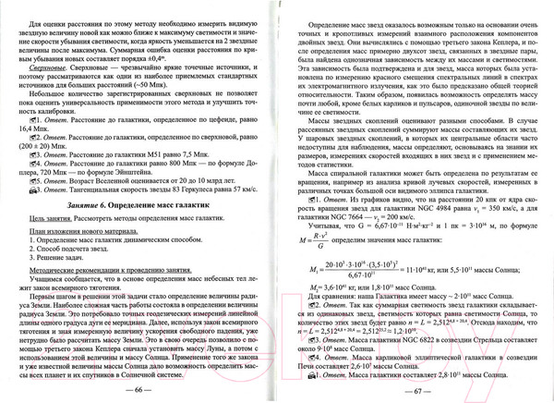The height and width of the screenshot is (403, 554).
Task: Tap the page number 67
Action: (414, 391)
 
